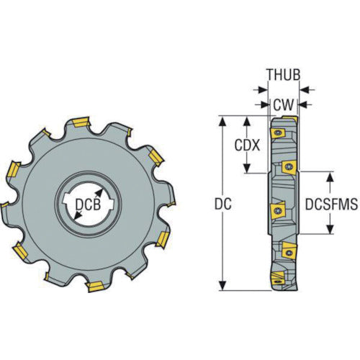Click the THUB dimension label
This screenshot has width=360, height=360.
pos(282,74)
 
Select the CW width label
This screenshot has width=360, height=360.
pos(282,105)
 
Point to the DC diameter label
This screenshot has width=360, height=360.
pos(223,204)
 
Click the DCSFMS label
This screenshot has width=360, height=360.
pos(333,204)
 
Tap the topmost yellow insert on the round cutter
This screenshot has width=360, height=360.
pos(81,118)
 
